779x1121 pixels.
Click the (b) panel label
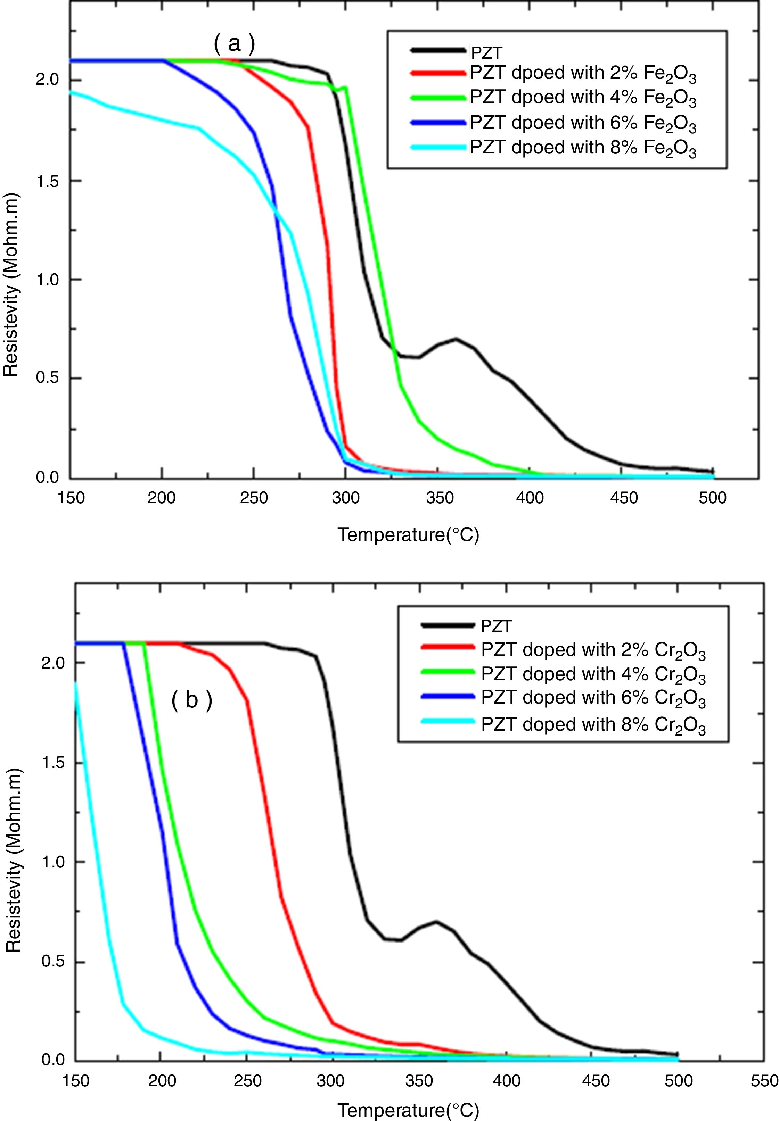coord(192,700)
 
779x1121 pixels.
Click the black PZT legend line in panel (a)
coord(438,50)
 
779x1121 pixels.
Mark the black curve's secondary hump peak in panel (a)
coord(456,339)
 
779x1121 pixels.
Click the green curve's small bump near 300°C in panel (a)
coord(346,88)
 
